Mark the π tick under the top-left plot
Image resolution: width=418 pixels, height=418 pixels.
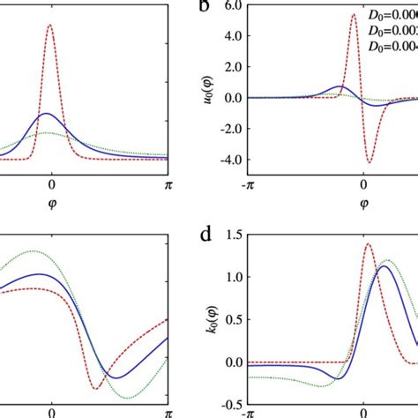[x=168, y=186]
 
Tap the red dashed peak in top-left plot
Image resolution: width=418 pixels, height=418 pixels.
[x=49, y=25]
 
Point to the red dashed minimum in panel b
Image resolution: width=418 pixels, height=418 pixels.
[x=369, y=162]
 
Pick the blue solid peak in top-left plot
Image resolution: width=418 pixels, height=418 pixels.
[x=49, y=114]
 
